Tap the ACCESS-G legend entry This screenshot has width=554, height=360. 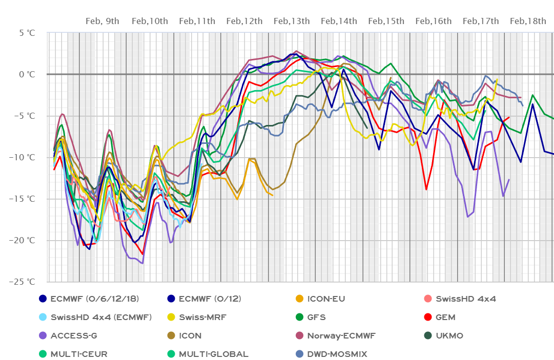point(73,336)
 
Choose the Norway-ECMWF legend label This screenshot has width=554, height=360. point(341,336)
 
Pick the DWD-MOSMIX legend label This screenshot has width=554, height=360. point(337,354)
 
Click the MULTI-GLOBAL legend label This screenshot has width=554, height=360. point(213,354)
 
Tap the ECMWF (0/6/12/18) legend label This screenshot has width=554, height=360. point(94,299)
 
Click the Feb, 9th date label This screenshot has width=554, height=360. point(102,21)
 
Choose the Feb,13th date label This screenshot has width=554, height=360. point(292,21)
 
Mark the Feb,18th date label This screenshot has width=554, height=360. point(528,21)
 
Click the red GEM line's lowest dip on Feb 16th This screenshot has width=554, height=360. point(426,189)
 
